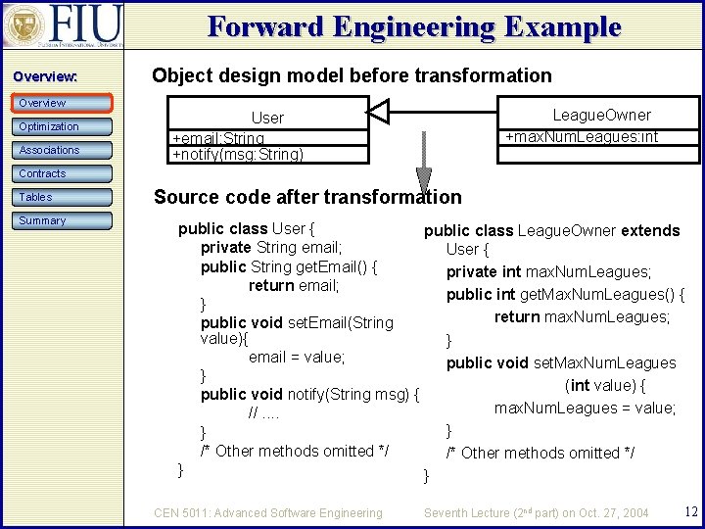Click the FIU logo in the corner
pyautogui.click(x=63, y=26)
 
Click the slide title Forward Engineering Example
pyautogui.click(x=414, y=26)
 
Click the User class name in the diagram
pyautogui.click(x=267, y=118)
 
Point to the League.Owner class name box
pyautogui.click(x=601, y=115)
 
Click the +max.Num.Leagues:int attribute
pyautogui.click(x=582, y=137)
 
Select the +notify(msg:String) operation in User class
pyautogui.click(x=238, y=154)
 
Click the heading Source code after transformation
pyautogui.click(x=307, y=197)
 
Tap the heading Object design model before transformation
pyautogui.click(x=352, y=75)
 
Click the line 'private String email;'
pyautogui.click(x=270, y=248)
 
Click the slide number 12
pyautogui.click(x=690, y=511)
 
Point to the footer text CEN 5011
pyautogui.click(x=268, y=512)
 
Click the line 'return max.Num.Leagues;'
pyautogui.click(x=582, y=316)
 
